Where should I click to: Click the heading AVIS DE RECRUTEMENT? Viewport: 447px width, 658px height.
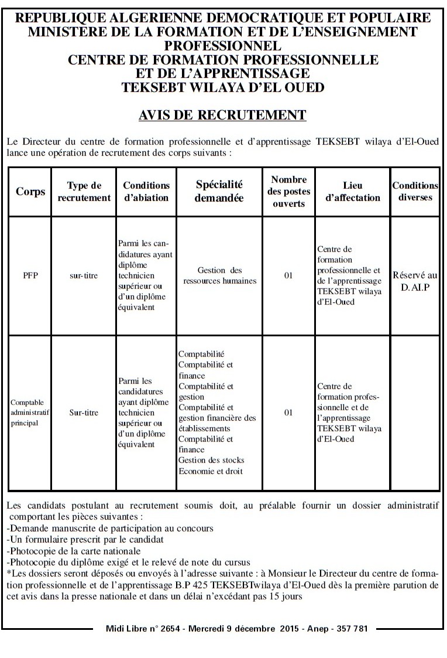pyautogui.click(x=222, y=114)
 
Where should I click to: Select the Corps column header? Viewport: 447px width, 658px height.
pyautogui.click(x=30, y=192)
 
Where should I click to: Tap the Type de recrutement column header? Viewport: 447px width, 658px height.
pyautogui.click(x=84, y=192)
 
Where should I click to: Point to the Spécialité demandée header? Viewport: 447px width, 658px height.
pyautogui.click(x=219, y=192)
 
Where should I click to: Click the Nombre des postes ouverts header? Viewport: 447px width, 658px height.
pyautogui.click(x=289, y=192)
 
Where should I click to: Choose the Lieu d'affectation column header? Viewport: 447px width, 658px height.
pyautogui.click(x=353, y=192)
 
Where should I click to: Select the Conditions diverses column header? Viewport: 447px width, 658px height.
pyautogui.click(x=415, y=192)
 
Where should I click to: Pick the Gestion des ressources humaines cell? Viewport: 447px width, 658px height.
pyautogui.click(x=219, y=275)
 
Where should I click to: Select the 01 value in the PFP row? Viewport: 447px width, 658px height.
pyautogui.click(x=288, y=275)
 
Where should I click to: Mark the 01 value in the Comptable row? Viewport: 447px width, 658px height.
pyautogui.click(x=288, y=412)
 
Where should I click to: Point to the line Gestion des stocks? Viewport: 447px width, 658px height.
pyautogui.click(x=211, y=460)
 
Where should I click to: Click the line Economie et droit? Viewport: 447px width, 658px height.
pyautogui.click(x=210, y=471)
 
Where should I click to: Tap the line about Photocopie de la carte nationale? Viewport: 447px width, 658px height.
pyautogui.click(x=73, y=551)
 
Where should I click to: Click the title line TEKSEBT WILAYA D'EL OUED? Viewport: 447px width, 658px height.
pyautogui.click(x=222, y=87)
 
